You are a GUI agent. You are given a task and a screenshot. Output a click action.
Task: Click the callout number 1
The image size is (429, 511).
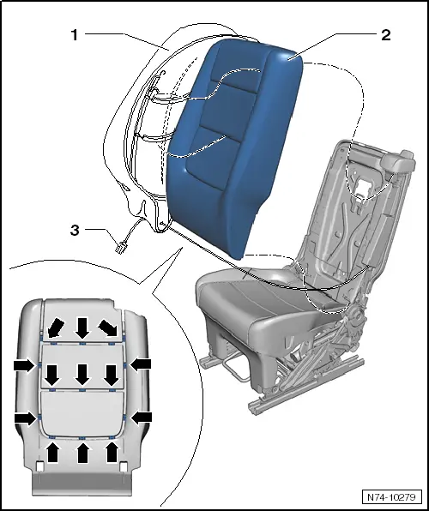click(75, 35)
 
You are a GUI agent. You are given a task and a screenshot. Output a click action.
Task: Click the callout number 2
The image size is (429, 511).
click(386, 35)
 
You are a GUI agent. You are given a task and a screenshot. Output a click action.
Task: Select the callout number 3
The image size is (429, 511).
click(75, 230)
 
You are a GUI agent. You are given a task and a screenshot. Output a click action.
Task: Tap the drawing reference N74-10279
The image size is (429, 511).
click(391, 497)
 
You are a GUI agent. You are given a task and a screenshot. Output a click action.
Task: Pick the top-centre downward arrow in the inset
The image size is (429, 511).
click(82, 328)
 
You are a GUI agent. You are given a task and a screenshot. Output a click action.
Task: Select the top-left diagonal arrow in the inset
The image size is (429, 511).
click(55, 328)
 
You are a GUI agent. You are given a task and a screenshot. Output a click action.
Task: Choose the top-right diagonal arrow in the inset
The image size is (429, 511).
click(108, 328)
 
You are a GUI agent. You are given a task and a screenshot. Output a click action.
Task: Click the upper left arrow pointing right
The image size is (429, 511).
click(25, 365)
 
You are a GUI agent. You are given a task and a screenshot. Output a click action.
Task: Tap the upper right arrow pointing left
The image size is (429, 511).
click(141, 364)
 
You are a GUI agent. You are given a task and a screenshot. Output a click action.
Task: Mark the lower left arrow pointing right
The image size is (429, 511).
click(25, 418)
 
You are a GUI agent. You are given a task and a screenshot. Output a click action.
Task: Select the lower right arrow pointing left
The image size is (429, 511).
click(141, 418)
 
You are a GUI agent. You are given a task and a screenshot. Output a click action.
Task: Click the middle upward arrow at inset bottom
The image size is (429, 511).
click(82, 452)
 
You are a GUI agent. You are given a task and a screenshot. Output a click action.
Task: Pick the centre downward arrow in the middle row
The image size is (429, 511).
click(82, 375)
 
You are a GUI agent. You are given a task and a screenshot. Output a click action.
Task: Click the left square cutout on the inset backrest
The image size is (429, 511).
click(39, 466)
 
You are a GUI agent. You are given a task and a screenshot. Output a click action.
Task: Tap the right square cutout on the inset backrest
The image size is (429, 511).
click(124, 466)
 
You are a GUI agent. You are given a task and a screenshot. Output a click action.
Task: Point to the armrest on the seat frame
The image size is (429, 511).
click(398, 160)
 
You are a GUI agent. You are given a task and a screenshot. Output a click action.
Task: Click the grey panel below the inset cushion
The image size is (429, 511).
click(82, 484)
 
